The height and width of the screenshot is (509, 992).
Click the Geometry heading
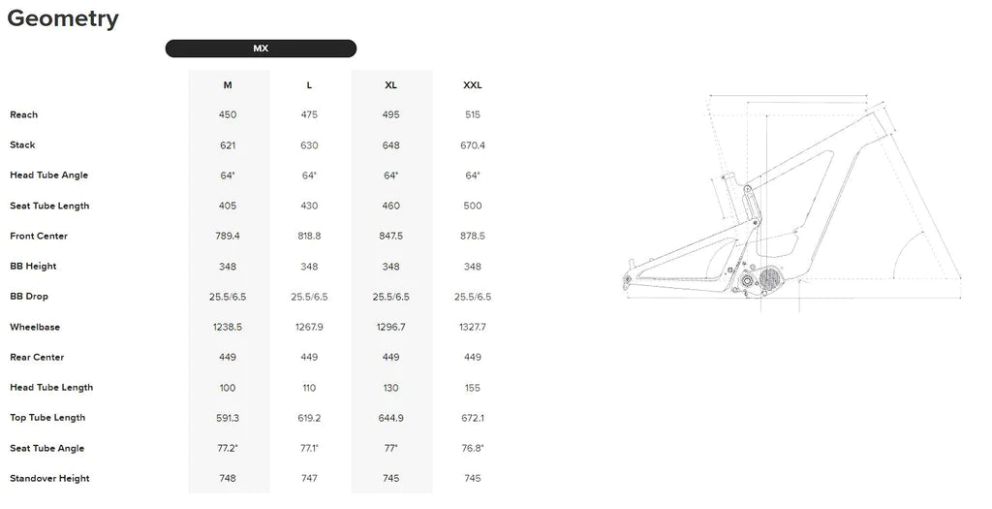(x=63, y=18)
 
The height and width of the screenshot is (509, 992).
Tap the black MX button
(x=261, y=48)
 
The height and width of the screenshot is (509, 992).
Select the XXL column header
(x=473, y=85)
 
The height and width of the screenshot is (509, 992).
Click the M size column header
(x=228, y=85)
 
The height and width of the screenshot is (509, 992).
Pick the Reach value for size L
(x=309, y=114)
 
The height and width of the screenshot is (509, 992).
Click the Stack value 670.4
(x=473, y=145)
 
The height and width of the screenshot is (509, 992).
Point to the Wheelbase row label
(x=35, y=327)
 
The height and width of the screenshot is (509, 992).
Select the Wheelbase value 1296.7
(x=391, y=327)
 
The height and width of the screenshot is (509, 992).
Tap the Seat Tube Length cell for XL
(x=391, y=206)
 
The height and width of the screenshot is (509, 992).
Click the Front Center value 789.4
(x=228, y=236)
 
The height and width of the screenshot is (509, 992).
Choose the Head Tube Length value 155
(x=473, y=388)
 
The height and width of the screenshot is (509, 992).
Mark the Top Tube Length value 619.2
(x=309, y=418)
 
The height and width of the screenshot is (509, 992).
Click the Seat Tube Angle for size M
(x=228, y=448)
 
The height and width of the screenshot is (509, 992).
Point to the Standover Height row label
(x=49, y=478)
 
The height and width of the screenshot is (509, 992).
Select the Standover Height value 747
(x=309, y=478)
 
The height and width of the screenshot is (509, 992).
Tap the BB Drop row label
(x=29, y=297)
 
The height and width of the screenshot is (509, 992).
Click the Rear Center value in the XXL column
(x=473, y=357)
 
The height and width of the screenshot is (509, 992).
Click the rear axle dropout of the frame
(x=628, y=278)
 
